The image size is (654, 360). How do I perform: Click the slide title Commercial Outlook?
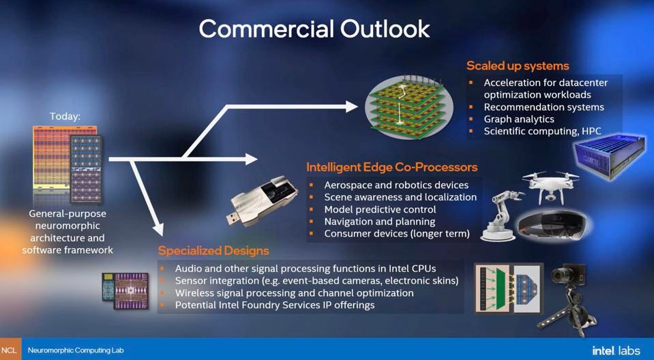(314, 29)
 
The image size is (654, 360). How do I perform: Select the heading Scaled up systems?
(518, 66)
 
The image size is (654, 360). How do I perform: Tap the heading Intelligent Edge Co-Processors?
(391, 167)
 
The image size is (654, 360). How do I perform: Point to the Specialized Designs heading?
(213, 251)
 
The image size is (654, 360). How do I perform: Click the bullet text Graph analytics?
(519, 119)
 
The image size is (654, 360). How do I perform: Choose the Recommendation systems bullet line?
(544, 107)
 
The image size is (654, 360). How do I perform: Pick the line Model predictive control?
(380, 209)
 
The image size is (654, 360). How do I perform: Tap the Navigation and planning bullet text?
(380, 222)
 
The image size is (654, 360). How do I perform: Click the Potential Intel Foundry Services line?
(274, 305)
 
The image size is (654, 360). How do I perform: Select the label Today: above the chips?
(65, 117)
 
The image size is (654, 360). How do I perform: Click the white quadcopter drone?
(550, 187)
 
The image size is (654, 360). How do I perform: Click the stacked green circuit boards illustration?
(403, 108)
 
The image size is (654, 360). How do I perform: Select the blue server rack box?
(610, 154)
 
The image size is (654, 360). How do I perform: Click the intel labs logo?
(616, 350)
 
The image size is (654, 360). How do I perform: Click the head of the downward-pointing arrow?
(158, 229)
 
